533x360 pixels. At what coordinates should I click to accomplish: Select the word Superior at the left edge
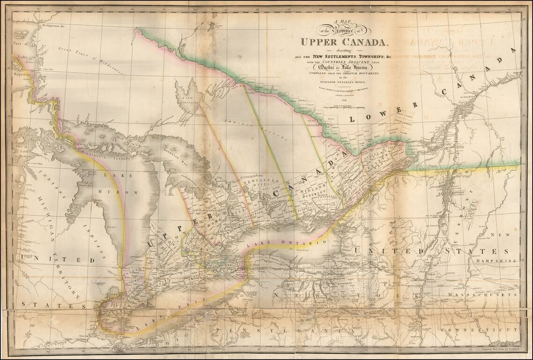(x=22, y=74)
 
